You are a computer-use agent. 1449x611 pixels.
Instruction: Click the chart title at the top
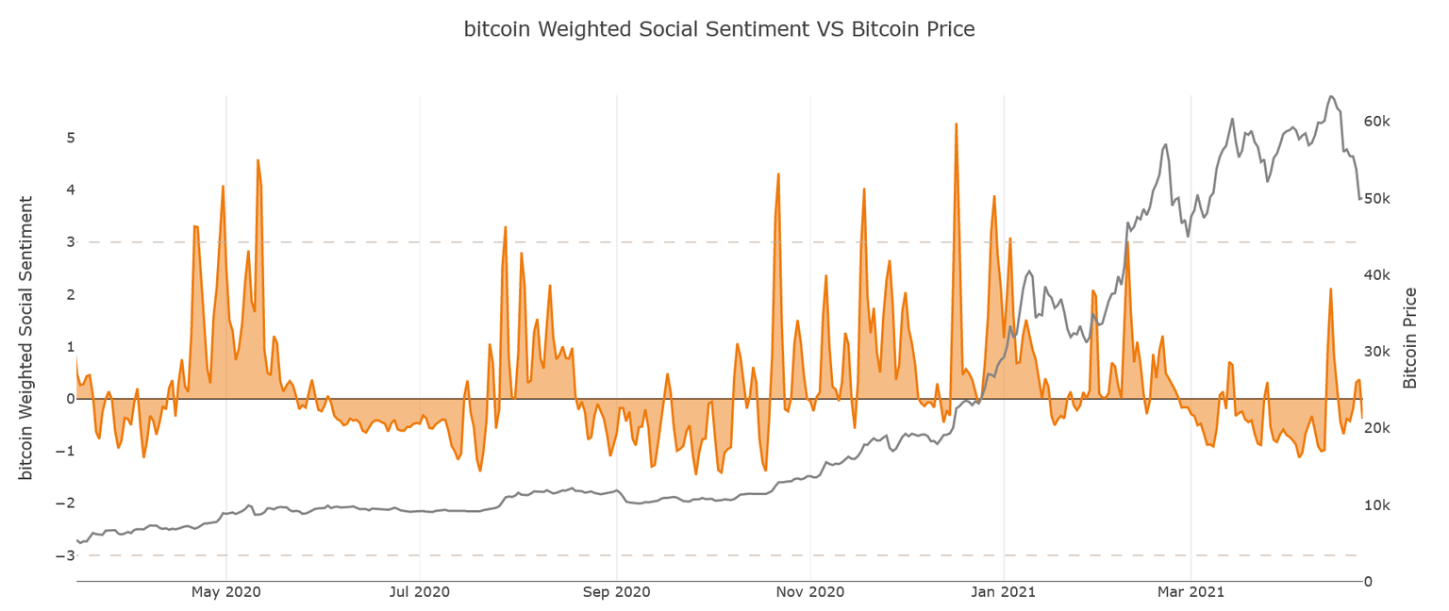click(719, 29)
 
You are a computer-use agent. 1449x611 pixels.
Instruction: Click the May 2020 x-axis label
click(226, 592)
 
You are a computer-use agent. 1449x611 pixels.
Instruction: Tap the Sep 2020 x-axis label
click(616, 592)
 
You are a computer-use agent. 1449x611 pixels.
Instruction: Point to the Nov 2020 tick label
click(810, 592)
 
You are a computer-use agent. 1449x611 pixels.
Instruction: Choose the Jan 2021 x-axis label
click(1004, 592)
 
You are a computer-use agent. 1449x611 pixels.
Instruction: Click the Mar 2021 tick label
click(1191, 592)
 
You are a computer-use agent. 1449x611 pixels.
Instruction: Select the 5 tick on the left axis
click(70, 138)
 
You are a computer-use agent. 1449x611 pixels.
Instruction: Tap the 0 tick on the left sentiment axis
click(70, 399)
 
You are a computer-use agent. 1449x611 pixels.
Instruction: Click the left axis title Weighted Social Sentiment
click(26, 338)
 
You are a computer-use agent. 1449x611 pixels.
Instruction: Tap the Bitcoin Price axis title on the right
click(1410, 338)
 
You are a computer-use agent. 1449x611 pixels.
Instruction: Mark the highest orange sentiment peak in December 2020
click(956, 124)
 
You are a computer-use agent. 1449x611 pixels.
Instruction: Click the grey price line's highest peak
click(1330, 96)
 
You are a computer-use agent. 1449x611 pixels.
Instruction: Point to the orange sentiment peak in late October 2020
click(778, 174)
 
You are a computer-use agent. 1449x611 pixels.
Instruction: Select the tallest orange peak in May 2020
click(258, 160)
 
